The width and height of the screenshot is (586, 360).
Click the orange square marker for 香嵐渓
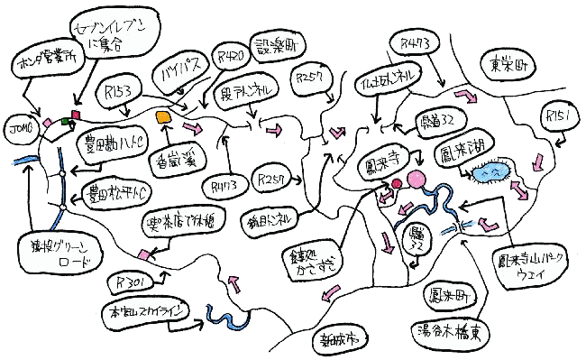(163, 118)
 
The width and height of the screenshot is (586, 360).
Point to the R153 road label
(120, 93)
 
